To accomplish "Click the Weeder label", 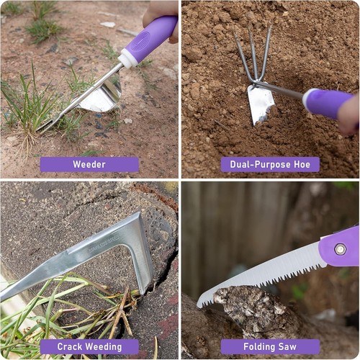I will tap(89, 164).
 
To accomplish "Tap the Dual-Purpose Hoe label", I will tap(270, 164).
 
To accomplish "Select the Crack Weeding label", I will tap(89, 346).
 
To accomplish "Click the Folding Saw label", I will tap(270, 346).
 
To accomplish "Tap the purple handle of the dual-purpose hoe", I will tap(328, 102).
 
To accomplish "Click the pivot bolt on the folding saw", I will tap(340, 249).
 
